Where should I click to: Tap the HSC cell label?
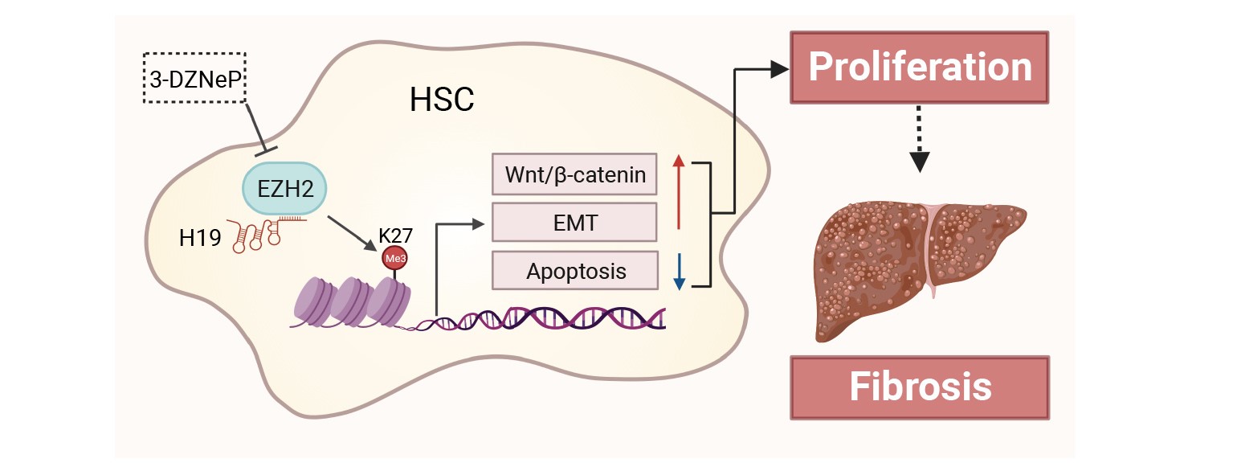[442, 100]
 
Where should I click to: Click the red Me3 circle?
[394, 260]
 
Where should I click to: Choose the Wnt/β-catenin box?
[574, 174]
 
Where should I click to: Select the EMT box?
[574, 222]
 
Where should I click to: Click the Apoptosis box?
[574, 271]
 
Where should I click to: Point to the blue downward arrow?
[680, 272]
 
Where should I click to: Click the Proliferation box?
[920, 68]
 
